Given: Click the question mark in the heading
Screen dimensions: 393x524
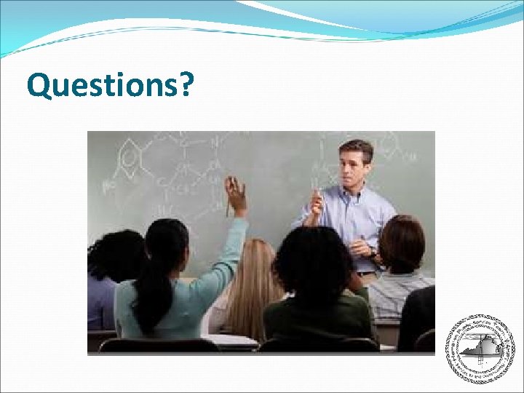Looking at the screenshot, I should click(x=186, y=85).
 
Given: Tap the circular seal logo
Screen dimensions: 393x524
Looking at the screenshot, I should click(x=479, y=349).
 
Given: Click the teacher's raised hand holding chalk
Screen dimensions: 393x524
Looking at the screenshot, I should click(x=315, y=202).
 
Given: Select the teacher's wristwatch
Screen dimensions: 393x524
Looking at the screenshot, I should click(x=373, y=253).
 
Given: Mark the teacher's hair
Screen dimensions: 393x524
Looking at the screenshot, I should click(x=355, y=148).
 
